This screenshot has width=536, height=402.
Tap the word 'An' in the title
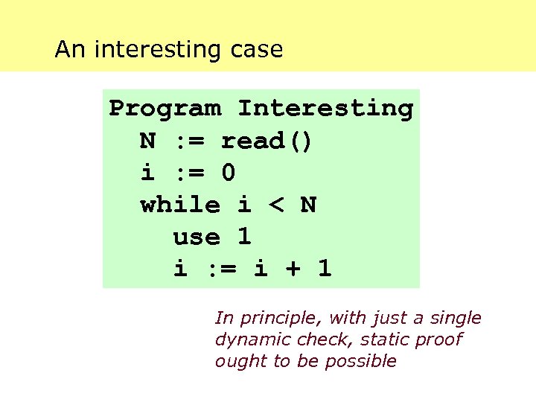[x=71, y=50]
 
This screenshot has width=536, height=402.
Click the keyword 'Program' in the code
[x=165, y=108]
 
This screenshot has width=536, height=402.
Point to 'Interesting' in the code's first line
[x=325, y=108]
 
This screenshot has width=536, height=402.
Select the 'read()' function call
[x=267, y=141]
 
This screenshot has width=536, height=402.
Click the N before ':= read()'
[x=147, y=141]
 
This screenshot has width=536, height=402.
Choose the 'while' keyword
[x=180, y=205]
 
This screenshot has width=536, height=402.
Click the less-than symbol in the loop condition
[x=276, y=205]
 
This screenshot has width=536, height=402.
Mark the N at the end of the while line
[x=308, y=205]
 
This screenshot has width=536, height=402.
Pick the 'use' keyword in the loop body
[x=197, y=237]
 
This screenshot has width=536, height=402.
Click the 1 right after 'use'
[x=244, y=237]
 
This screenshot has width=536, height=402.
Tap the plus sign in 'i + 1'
[x=292, y=269]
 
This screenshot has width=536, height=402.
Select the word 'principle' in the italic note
[x=279, y=319]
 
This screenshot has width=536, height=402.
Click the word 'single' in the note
[x=457, y=319]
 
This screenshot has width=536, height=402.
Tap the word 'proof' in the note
[x=440, y=340]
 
